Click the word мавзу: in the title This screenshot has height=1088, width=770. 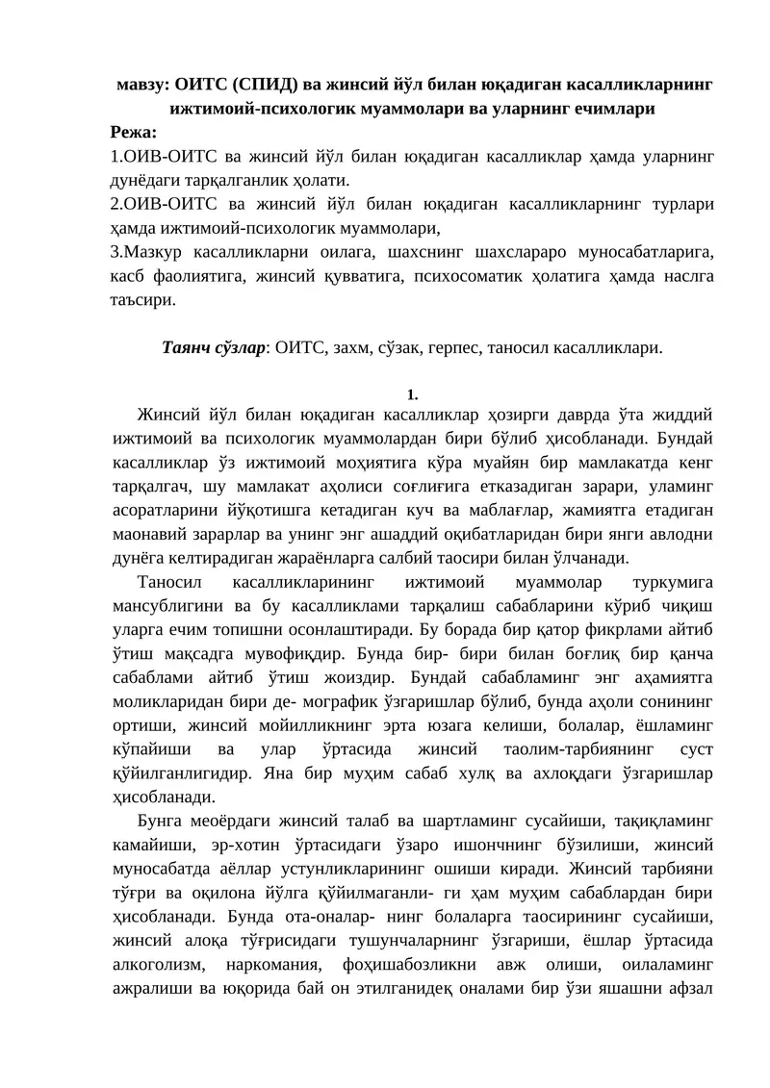145,84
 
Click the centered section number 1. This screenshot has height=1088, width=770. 412,394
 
